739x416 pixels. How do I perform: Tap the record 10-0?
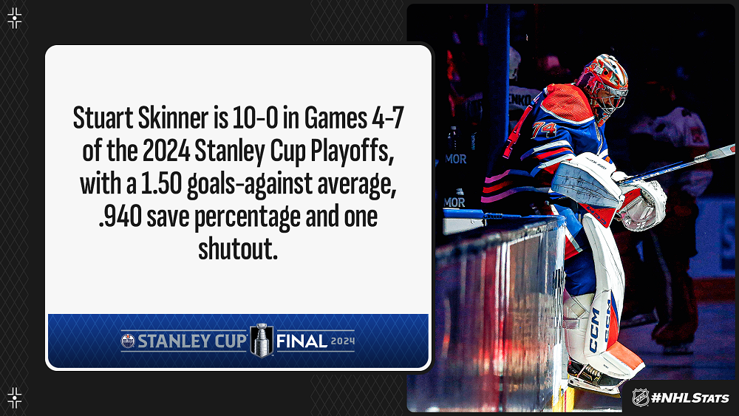pos(254,117)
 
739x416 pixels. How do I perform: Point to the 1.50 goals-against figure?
pos(161,184)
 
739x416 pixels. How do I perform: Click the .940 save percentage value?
pos(120,216)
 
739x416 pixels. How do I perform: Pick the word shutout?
pos(237,249)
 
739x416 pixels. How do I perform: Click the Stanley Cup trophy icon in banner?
pos(262,340)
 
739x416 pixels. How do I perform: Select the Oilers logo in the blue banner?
pos(128,341)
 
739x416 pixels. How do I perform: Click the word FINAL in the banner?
pos(302,341)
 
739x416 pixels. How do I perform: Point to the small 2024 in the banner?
pos(343,341)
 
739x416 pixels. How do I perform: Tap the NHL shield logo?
pos(640,397)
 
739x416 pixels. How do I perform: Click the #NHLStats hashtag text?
pos(690,398)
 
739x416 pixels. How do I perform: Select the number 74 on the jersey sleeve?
pos(545,129)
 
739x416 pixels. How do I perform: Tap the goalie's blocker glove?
pos(587,181)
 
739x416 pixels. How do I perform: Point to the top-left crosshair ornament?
pos(15,18)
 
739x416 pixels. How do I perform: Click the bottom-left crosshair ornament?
pos(15,398)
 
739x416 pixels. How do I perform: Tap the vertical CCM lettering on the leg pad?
pos(594,330)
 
